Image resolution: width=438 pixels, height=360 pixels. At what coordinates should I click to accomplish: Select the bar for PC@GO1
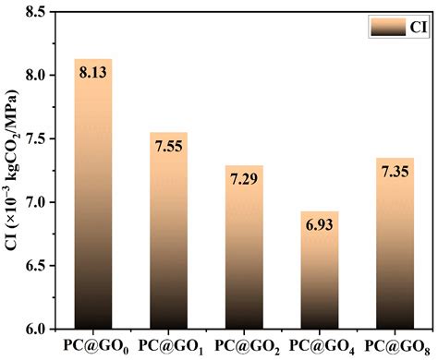(x=169, y=231)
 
